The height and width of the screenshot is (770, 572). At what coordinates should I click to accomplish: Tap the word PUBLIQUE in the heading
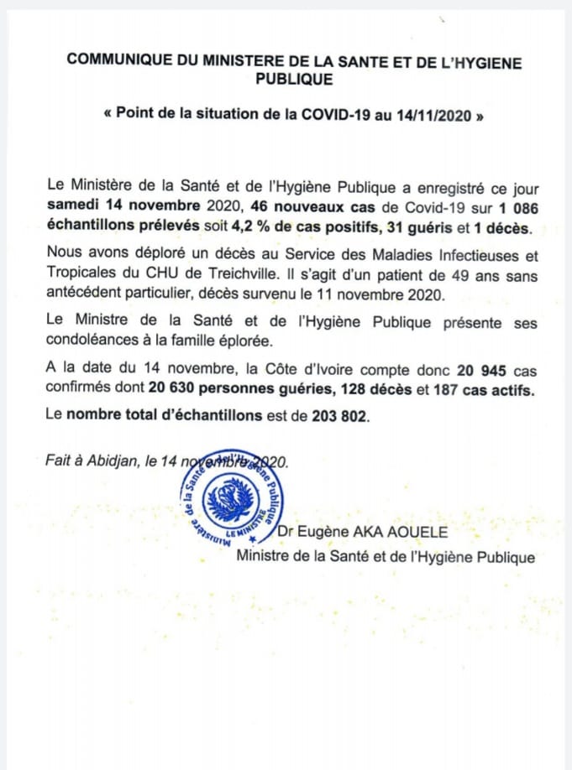(293, 80)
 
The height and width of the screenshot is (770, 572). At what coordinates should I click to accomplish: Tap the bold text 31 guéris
(407, 229)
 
